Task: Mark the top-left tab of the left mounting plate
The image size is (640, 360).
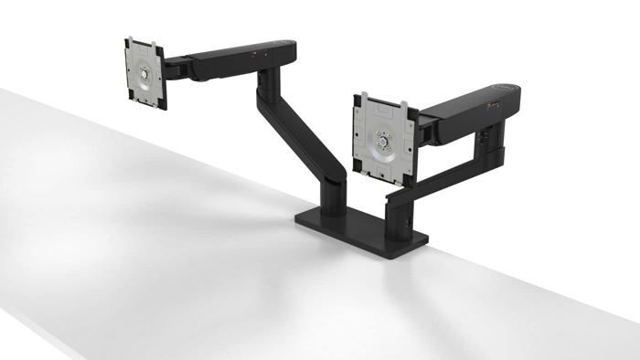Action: pos(129,41)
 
